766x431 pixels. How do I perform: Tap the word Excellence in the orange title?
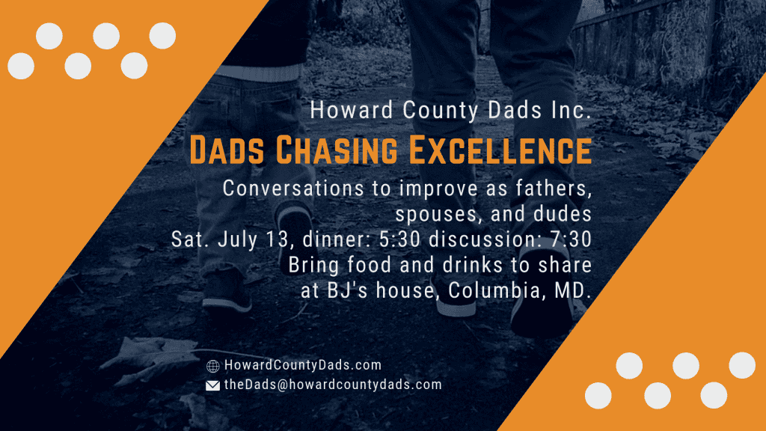click(x=500, y=150)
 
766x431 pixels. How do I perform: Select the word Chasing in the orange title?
click(x=337, y=150)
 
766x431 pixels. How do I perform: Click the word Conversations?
click(x=293, y=188)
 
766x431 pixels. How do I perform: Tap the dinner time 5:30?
click(x=399, y=239)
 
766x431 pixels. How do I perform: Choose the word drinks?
click(x=472, y=265)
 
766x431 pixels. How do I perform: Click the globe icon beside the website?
click(x=212, y=365)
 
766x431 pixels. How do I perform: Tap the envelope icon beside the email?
click(x=212, y=385)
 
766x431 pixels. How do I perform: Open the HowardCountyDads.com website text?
click(x=303, y=365)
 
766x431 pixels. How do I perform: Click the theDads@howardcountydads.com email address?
click(x=333, y=385)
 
